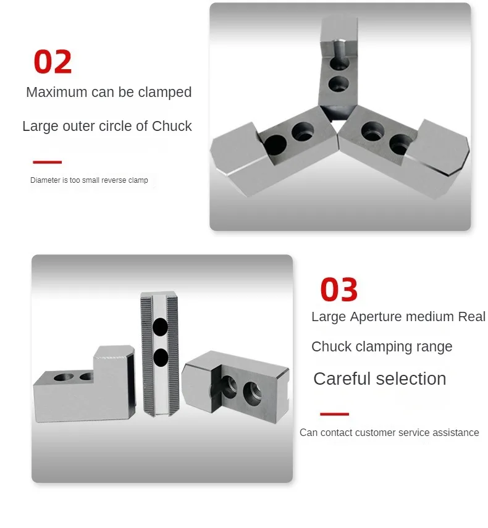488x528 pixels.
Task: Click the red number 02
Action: pyautogui.click(x=53, y=61)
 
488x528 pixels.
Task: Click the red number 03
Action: pyautogui.click(x=339, y=289)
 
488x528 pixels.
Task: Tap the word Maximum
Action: pyautogui.click(x=57, y=92)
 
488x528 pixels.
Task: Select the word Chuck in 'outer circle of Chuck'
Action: pyautogui.click(x=172, y=126)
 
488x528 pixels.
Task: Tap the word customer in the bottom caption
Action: pyautogui.click(x=375, y=432)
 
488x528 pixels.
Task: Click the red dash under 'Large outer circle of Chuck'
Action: pyautogui.click(x=47, y=162)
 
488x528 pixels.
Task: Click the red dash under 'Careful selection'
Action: pyautogui.click(x=334, y=414)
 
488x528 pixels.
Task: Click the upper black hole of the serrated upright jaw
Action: pyautogui.click(x=161, y=327)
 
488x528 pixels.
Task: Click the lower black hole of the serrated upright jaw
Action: pyautogui.click(x=161, y=358)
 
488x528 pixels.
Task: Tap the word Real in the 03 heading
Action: pyautogui.click(x=471, y=317)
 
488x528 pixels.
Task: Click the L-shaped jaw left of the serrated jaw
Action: pyautogui.click(x=84, y=384)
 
